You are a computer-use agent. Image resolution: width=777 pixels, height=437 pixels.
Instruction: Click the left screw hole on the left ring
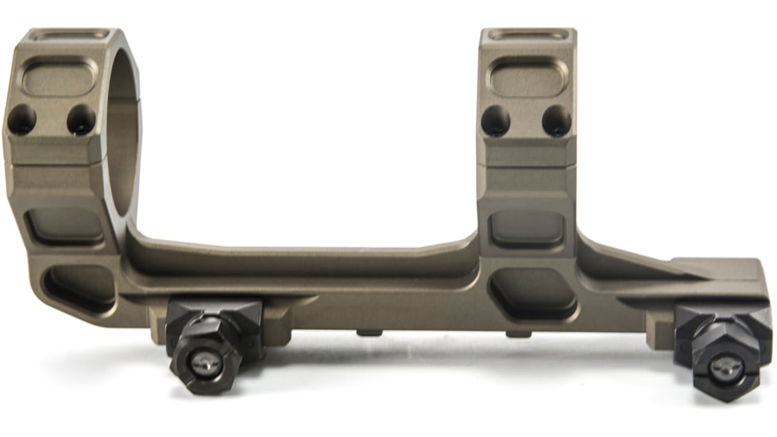pyautogui.click(x=21, y=120)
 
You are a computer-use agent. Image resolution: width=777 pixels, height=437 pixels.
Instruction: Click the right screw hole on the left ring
pyautogui.click(x=81, y=120)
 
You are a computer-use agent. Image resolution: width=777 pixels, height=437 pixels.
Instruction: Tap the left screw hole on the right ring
pyautogui.click(x=496, y=121)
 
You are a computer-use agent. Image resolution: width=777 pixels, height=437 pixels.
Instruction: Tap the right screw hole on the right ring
pyautogui.click(x=557, y=121)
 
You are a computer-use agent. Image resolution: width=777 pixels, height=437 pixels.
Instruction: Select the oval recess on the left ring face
pyautogui.click(x=58, y=78)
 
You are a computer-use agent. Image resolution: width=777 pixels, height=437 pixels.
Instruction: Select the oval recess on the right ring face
pyautogui.click(x=528, y=78)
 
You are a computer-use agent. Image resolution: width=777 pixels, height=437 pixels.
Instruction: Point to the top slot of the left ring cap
pyautogui.click(x=68, y=34)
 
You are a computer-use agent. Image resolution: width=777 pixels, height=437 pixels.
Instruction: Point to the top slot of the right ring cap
pyautogui.click(x=528, y=35)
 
